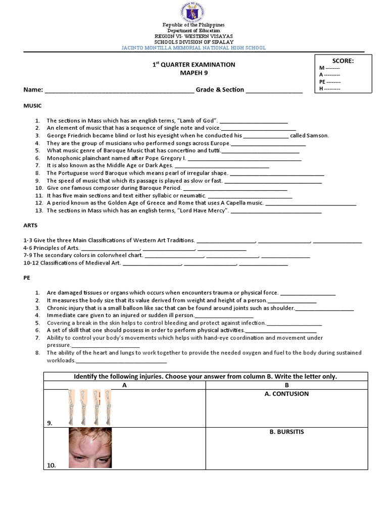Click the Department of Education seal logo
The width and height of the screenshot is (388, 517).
(193, 11)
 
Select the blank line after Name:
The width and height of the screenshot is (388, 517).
(119, 90)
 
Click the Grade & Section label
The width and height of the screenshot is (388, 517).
(220, 89)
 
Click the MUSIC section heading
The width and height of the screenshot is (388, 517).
(32, 106)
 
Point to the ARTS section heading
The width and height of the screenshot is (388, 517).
(31, 225)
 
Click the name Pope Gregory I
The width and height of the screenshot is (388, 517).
(160, 158)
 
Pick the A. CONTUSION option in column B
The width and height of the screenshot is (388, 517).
(286, 394)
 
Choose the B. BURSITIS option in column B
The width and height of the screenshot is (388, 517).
(286, 432)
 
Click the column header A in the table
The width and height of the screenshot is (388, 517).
(124, 385)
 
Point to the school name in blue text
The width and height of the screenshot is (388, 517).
(193, 48)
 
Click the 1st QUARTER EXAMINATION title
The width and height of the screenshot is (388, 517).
(193, 65)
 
